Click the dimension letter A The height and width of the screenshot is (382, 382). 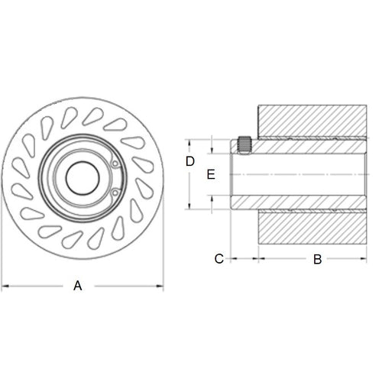(77, 286)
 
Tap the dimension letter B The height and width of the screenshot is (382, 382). (317, 259)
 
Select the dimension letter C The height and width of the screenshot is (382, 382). (219, 259)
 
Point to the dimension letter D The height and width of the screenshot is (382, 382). (191, 161)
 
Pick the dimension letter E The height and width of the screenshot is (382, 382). (212, 174)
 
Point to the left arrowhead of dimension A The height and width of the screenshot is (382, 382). (5, 286)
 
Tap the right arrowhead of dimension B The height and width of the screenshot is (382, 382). (365, 259)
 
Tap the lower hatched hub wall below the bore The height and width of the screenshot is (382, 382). (298, 202)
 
